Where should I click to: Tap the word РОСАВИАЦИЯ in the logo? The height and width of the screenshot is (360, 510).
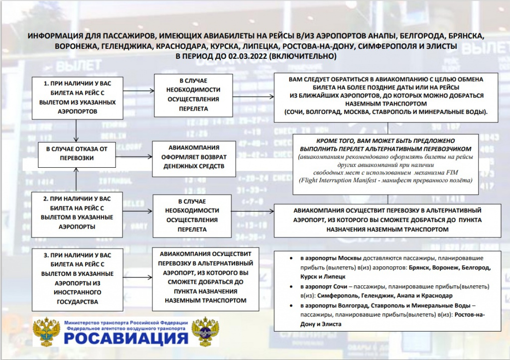tap(126, 339)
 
